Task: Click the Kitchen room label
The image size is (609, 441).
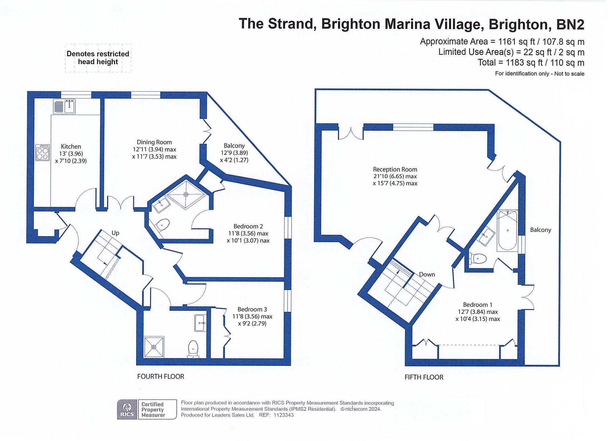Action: point(71,147)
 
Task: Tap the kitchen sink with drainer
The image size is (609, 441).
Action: point(64,106)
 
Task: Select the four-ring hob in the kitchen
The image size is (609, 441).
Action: point(42,152)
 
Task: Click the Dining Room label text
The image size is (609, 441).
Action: point(154,142)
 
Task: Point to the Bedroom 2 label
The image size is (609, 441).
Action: point(248,226)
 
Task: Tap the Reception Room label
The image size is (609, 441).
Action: point(395,169)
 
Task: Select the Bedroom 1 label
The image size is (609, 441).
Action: point(478,305)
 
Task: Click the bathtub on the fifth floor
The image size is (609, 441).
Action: point(508,230)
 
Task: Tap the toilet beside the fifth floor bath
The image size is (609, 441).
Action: point(478,258)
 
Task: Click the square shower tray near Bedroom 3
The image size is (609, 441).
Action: point(154,347)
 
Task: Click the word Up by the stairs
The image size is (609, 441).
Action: point(115,233)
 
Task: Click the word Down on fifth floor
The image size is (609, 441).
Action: point(427,275)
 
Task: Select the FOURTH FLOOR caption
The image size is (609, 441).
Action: point(161,377)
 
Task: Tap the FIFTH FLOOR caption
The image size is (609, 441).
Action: point(424,377)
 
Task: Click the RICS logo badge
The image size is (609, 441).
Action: point(127,409)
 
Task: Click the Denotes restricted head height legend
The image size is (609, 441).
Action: point(98,58)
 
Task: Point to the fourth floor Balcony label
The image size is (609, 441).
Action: point(234,146)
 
